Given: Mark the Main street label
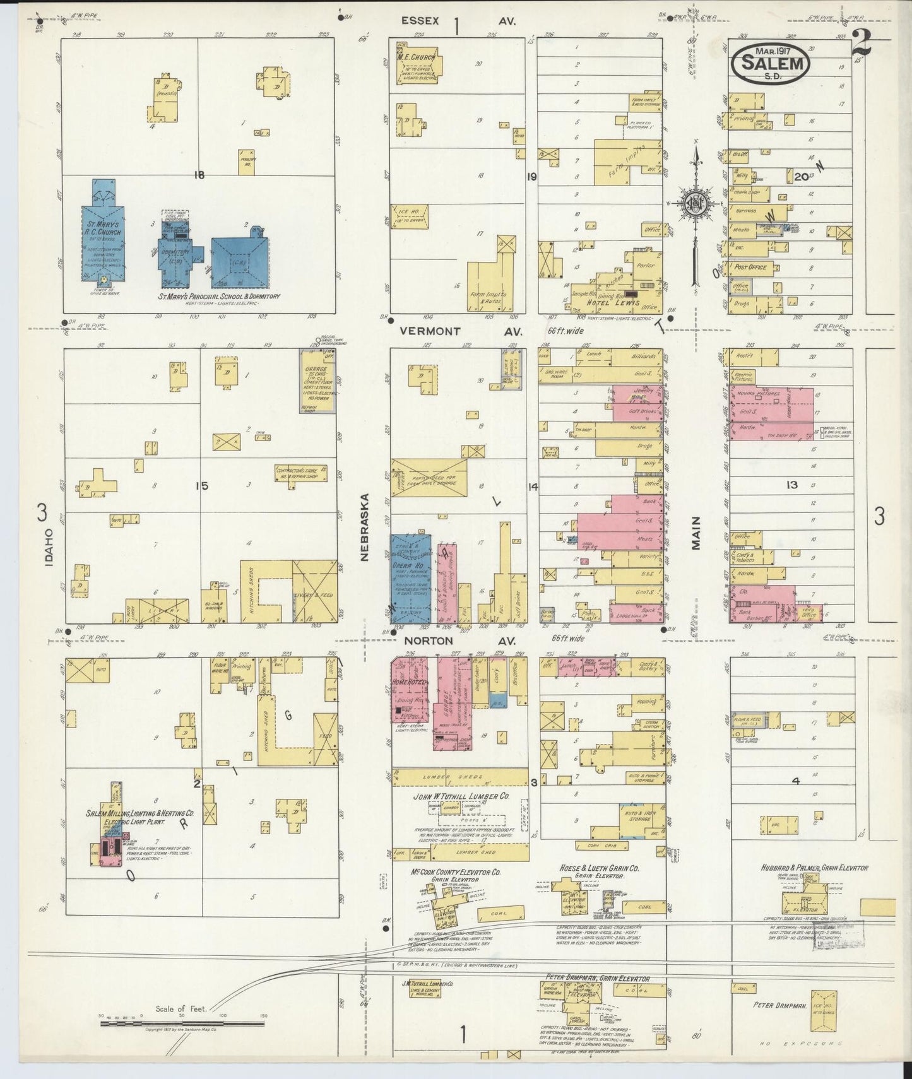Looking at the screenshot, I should click(696, 533).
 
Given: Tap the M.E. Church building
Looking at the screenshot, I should click(418, 61).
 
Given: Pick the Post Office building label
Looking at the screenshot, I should click(750, 267).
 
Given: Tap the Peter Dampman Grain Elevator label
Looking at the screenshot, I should click(596, 979).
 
